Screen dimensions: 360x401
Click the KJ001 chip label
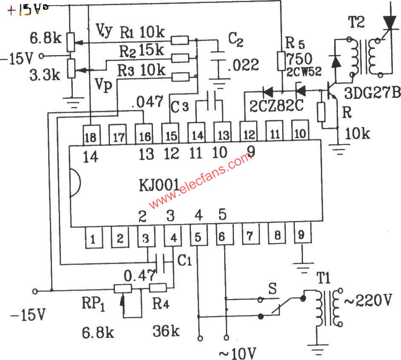click(159, 186)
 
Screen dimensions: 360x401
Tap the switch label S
click(272, 289)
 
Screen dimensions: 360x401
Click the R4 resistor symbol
click(158, 288)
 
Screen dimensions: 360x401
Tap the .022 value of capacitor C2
click(243, 65)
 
